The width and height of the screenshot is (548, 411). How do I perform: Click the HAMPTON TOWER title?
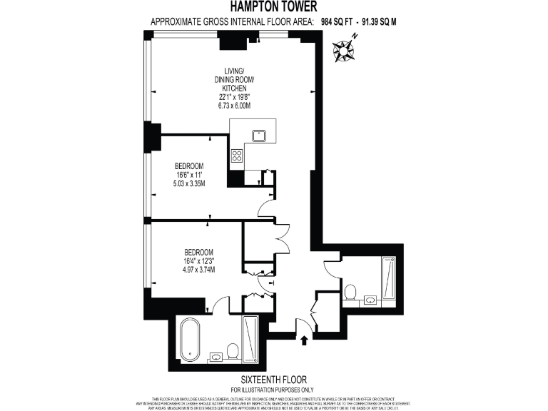point(274,8)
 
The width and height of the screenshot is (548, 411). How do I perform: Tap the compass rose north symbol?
point(345,50)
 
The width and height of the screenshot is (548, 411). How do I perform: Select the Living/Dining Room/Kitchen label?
point(234,78)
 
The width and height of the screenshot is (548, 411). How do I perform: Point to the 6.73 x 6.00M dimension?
point(234,106)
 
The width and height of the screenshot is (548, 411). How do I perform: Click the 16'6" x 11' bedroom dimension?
point(190,175)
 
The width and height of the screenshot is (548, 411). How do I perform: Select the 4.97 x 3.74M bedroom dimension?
point(199,270)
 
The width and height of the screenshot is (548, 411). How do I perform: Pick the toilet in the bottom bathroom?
point(233,351)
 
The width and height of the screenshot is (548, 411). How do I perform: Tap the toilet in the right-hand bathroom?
point(350,293)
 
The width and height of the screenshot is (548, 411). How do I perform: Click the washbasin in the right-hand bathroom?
point(370,300)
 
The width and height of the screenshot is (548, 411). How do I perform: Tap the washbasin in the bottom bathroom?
point(215,357)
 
